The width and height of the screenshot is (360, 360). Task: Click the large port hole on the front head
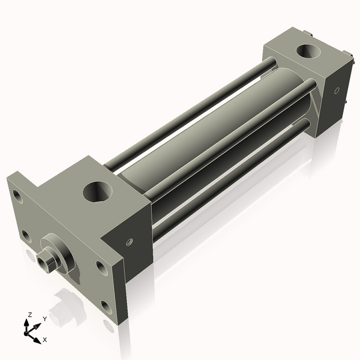97,193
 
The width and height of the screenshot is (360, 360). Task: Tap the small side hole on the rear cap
337,91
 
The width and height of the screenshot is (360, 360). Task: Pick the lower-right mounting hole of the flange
106,307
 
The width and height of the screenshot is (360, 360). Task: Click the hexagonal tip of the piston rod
44,262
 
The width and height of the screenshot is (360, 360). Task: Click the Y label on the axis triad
44,319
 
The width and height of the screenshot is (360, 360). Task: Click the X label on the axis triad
44,339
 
